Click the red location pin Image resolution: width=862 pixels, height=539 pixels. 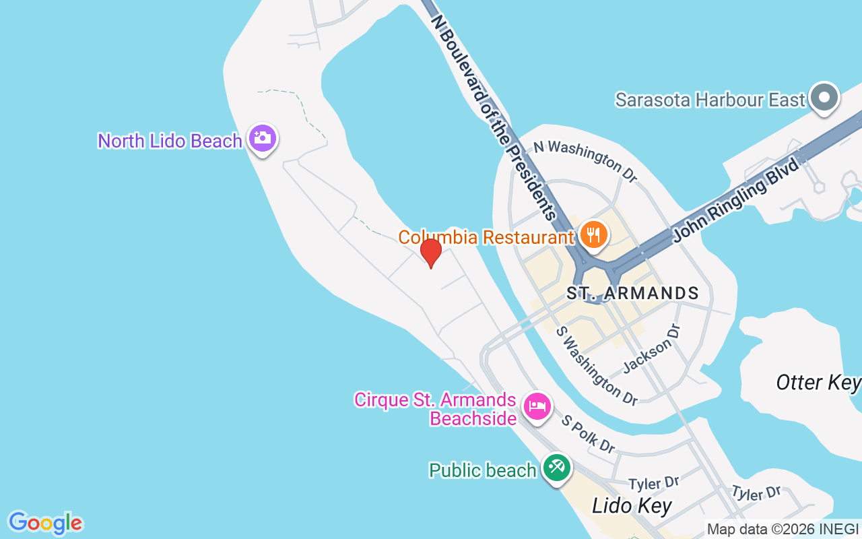(x=430, y=253)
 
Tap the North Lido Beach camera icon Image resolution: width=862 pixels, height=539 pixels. (x=263, y=139)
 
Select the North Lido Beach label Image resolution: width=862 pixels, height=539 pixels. (x=170, y=141)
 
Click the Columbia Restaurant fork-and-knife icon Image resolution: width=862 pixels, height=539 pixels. (x=593, y=234)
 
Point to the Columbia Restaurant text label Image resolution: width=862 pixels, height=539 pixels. (x=486, y=237)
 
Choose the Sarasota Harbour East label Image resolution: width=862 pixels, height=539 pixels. (x=710, y=100)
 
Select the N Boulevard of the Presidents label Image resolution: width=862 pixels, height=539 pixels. (x=496, y=117)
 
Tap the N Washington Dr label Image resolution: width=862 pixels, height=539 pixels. (x=585, y=161)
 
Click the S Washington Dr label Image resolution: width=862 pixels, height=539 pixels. (x=596, y=367)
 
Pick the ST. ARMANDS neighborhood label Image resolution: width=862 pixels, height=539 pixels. (x=632, y=293)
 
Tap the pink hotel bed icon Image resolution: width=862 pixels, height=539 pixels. (x=537, y=406)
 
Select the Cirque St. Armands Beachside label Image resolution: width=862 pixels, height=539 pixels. (x=435, y=409)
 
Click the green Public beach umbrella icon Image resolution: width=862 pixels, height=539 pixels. (x=556, y=467)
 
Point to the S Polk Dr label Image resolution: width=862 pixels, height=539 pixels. (x=588, y=436)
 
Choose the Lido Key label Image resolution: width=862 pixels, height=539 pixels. (x=632, y=505)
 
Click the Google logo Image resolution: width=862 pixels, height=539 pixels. (x=45, y=522)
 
